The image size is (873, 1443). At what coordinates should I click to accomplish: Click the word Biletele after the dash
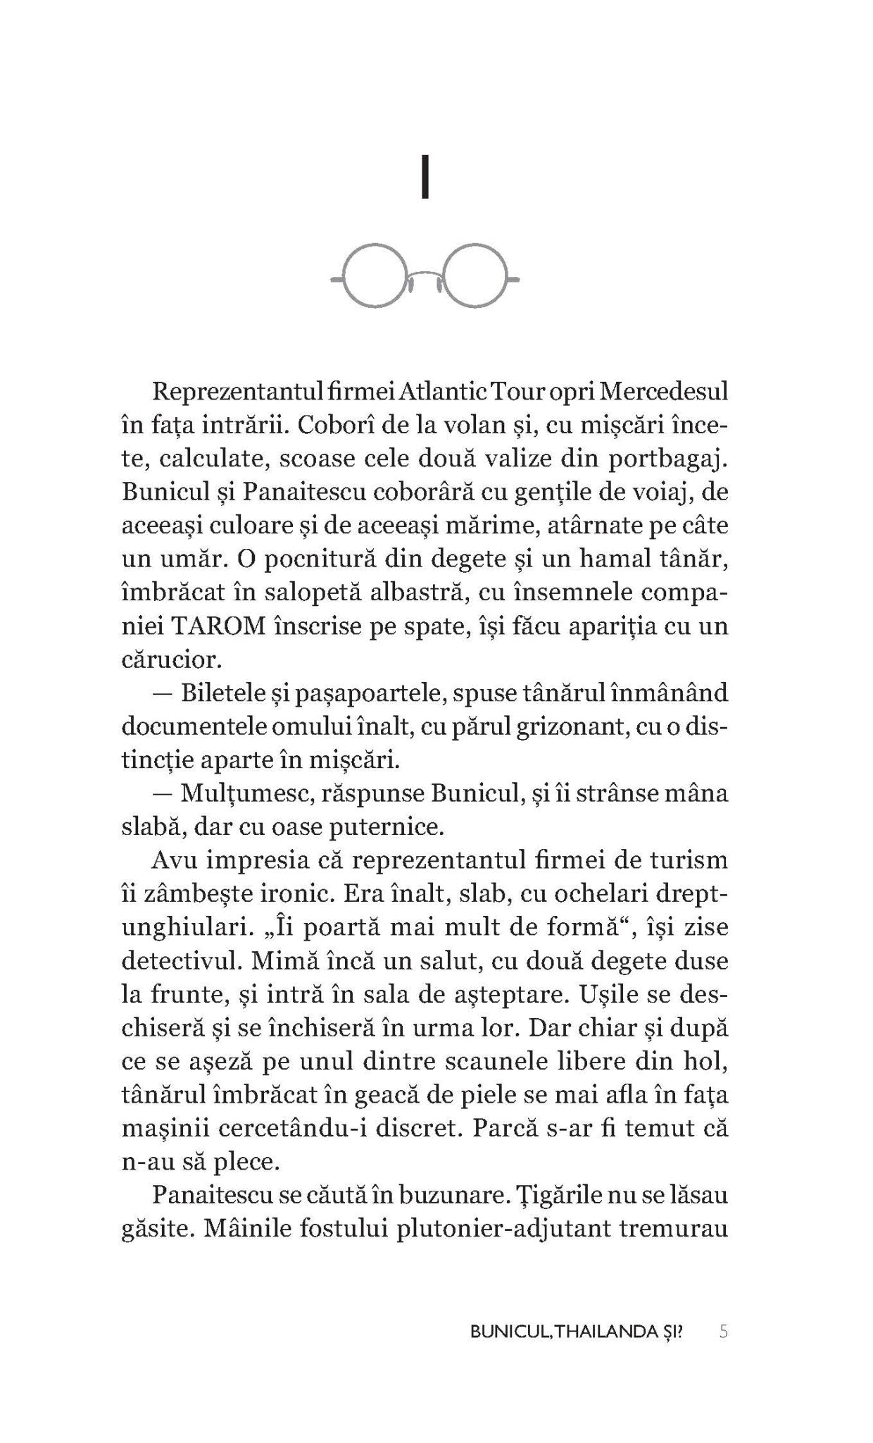(224, 693)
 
